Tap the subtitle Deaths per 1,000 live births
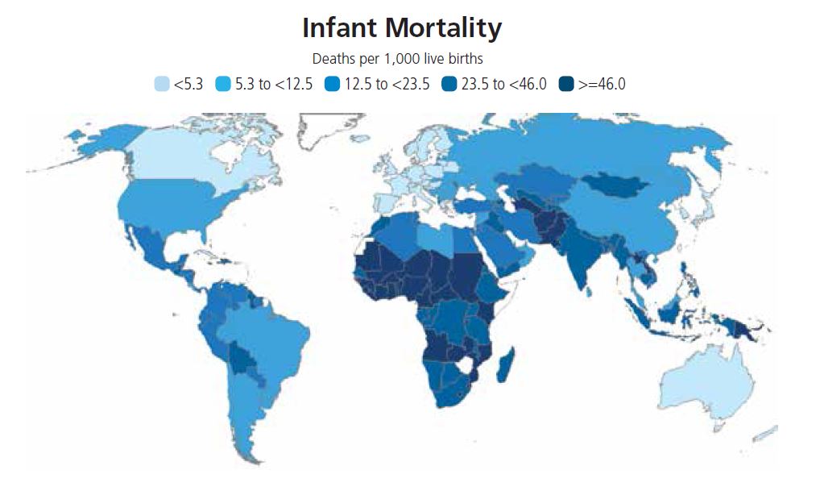coord(403,59)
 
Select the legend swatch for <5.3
coord(162,84)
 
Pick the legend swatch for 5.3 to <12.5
coord(223,84)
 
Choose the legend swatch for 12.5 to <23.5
coord(332,84)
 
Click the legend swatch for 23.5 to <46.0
coord(449,84)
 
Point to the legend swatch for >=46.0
coord(566,84)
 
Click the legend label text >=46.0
coord(602,84)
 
